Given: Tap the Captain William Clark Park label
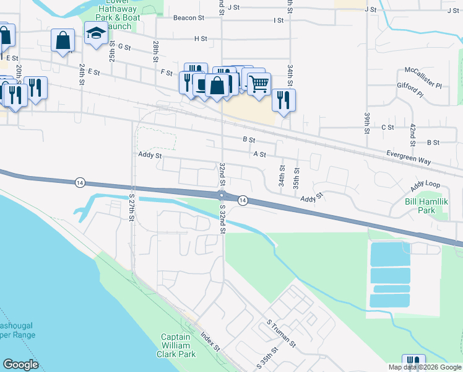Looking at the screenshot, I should coord(178,345).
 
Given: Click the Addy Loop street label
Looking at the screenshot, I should coord(425,185).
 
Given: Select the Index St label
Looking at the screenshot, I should coord(210,342).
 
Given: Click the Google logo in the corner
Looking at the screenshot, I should coord(20,365).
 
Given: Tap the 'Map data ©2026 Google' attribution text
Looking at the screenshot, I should coord(424,367).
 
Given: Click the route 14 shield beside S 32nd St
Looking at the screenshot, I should coord(243,200).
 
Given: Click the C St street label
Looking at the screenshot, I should coord(387,127).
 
